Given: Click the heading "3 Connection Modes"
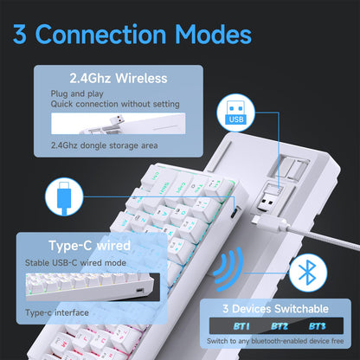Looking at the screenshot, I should pyautogui.click(x=132, y=35).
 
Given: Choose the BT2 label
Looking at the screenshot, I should pyautogui.click(x=279, y=326).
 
